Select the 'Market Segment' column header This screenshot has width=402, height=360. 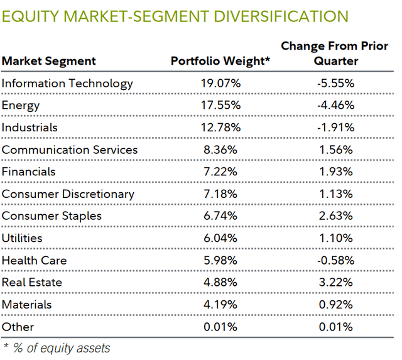pyautogui.click(x=49, y=61)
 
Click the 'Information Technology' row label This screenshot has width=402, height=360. pyautogui.click(x=67, y=84)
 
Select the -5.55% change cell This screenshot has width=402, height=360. pyautogui.click(x=337, y=84)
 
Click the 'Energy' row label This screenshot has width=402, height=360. pyautogui.click(x=21, y=106)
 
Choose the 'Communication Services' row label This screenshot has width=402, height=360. pyautogui.click(x=70, y=150)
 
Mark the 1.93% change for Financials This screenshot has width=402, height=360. pyautogui.click(x=337, y=172)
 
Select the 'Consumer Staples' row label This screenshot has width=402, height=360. pyautogui.click(x=52, y=216)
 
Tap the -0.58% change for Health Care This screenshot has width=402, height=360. pyautogui.click(x=337, y=260)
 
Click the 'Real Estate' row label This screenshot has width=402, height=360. pyautogui.click(x=32, y=282)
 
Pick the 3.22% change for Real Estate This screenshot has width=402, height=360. pyautogui.click(x=337, y=282)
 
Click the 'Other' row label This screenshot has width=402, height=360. pyautogui.click(x=18, y=327)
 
